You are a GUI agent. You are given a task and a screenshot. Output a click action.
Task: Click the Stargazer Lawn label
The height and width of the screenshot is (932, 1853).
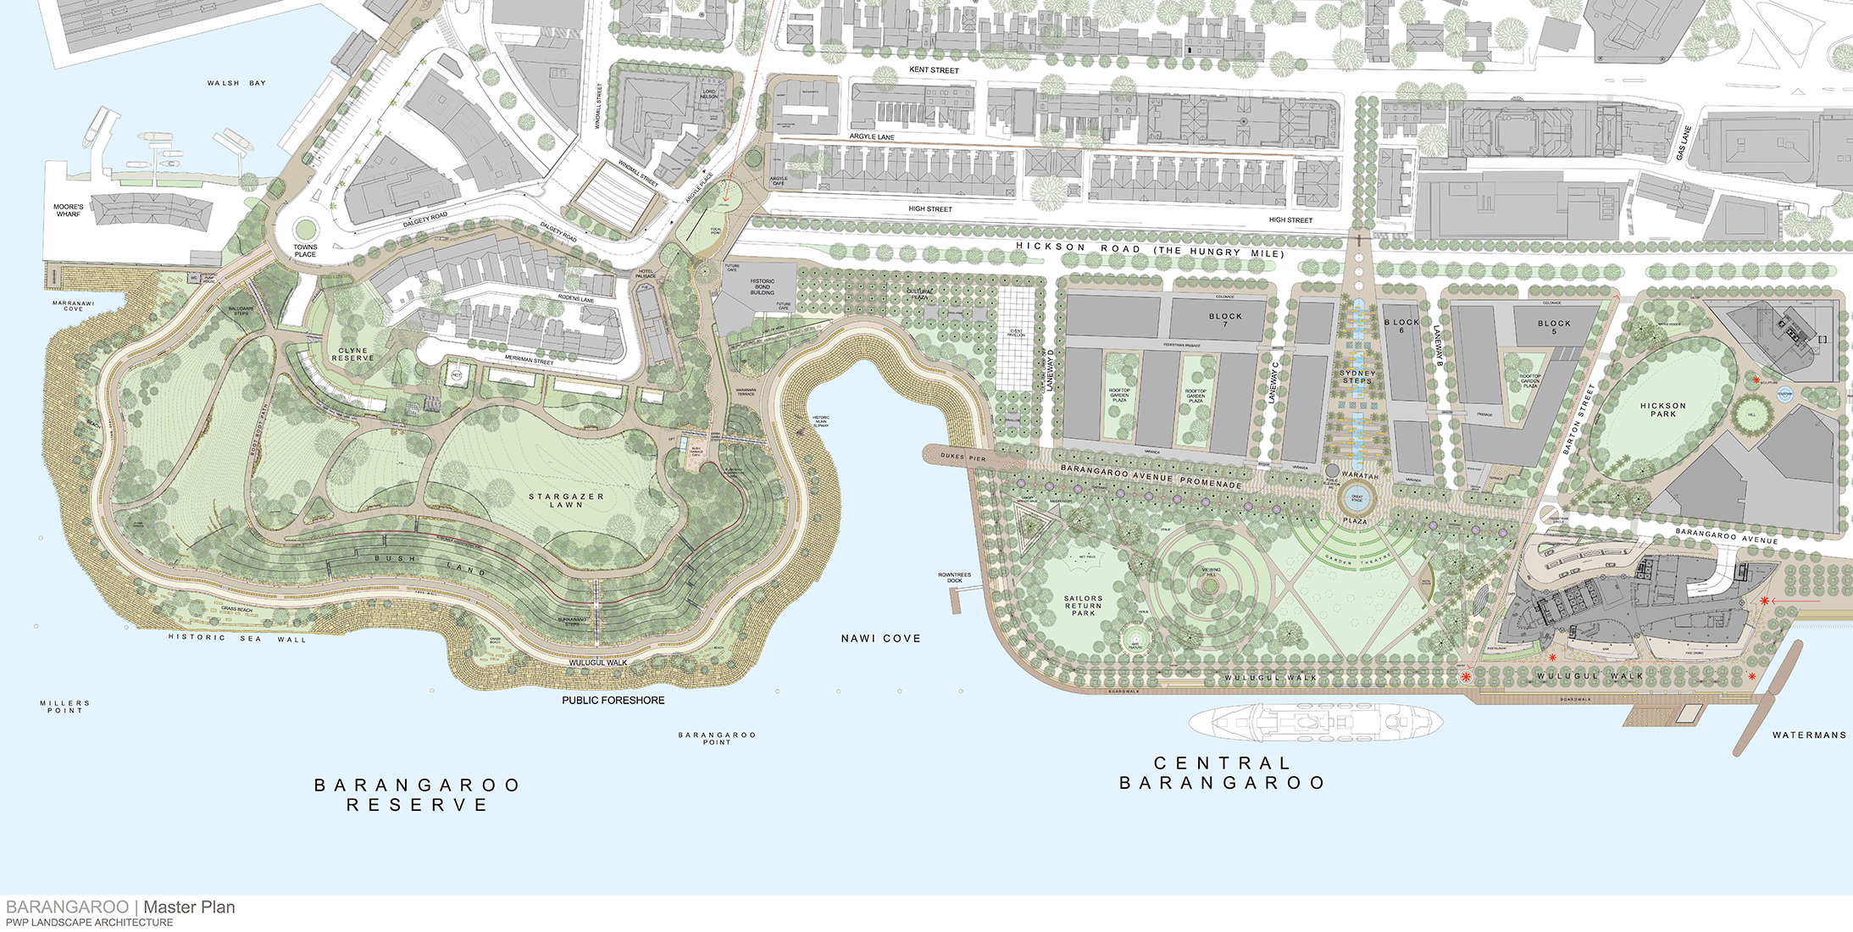coord(566,501)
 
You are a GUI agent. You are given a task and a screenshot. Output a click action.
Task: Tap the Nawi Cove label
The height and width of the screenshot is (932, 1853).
coord(880,639)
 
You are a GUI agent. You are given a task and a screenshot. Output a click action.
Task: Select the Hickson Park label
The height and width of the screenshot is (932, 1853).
coord(1662,410)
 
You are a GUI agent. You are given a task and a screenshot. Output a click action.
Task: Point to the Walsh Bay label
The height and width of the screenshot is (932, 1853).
coord(236,83)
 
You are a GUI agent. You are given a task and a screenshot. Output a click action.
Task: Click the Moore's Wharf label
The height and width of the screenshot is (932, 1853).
coord(69,210)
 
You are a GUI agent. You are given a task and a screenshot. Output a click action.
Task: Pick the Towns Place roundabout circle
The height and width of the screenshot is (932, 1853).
coord(305,229)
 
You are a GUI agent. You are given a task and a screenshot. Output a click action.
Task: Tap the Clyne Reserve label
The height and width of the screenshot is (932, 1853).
coord(352,354)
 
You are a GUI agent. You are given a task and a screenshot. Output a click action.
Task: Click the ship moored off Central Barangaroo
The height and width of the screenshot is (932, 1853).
coord(1314,723)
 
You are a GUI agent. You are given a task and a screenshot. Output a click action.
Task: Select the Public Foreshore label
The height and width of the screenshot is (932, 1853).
coord(613,701)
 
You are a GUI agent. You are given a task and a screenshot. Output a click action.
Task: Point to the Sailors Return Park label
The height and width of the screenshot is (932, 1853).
coord(1083,605)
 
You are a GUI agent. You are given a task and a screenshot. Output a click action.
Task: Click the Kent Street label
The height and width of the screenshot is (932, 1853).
coord(934,70)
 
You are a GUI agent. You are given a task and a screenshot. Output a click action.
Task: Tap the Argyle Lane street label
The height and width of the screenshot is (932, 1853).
coord(872,136)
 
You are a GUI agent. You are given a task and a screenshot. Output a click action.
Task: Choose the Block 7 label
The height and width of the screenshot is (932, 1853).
coord(1225,319)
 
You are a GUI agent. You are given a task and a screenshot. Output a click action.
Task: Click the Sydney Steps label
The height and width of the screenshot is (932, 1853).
coord(1357,377)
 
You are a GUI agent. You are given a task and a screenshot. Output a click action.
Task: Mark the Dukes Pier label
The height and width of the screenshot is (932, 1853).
coord(963,458)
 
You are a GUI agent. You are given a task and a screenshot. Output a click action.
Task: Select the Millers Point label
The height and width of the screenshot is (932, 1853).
coord(64,707)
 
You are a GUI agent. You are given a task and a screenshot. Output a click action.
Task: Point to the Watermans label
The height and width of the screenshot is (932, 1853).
coord(1808,735)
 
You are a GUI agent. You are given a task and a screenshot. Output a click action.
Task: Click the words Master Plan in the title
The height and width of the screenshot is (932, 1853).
coord(189,907)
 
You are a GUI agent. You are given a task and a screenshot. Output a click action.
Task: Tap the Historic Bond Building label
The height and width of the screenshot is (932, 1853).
coord(762,287)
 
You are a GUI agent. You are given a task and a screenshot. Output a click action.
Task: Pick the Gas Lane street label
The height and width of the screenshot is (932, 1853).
coord(1684,143)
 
